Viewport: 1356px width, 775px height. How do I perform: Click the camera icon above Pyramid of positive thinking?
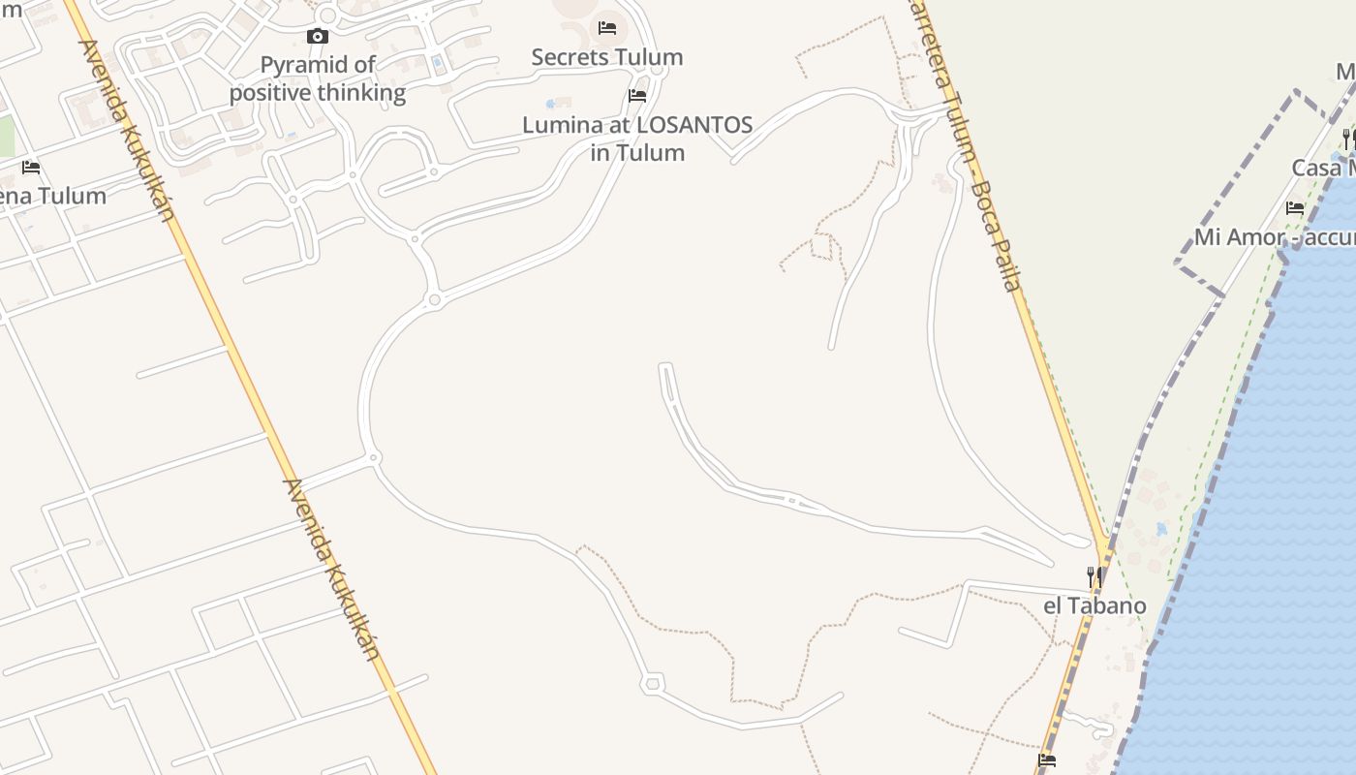(318, 37)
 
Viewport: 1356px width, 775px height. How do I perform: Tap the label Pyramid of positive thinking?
(318, 79)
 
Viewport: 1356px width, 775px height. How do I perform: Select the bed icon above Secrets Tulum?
(607, 28)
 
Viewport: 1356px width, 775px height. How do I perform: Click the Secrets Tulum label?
(607, 57)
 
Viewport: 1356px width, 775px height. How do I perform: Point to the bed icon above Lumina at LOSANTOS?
(637, 96)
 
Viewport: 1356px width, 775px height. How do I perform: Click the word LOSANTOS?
(693, 125)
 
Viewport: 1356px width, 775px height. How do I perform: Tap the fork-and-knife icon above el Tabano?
(1094, 577)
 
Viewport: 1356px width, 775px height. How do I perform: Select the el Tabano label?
(1094, 606)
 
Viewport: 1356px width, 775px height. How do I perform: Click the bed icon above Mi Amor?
(1295, 208)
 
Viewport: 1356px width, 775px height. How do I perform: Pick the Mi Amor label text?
(1236, 237)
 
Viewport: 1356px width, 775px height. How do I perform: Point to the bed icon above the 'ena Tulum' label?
(31, 168)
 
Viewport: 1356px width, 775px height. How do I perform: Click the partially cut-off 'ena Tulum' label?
(53, 196)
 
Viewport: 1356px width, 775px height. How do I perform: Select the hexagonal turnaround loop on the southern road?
(653, 684)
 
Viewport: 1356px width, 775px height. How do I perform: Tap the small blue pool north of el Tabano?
(1161, 530)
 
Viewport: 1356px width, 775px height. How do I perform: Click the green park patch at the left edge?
(7, 136)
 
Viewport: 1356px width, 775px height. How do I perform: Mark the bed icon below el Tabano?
(1047, 760)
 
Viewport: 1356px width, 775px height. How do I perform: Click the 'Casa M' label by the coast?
(1323, 168)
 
